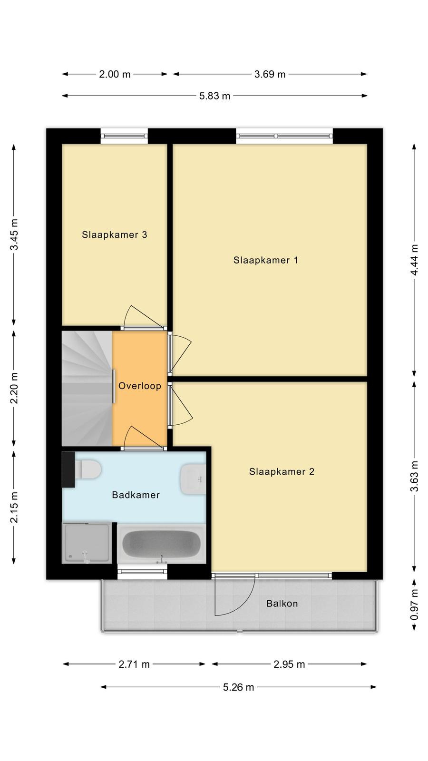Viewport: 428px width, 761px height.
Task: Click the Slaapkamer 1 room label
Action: (266, 260)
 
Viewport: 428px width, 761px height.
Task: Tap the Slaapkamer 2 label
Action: (282, 471)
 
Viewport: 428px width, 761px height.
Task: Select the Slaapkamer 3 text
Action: (115, 235)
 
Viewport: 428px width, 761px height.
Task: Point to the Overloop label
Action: (140, 386)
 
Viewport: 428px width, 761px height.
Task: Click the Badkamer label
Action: (136, 495)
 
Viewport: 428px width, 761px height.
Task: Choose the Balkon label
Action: (282, 604)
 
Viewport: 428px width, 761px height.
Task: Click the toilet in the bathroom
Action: (88, 469)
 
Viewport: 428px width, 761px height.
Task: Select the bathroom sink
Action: (193, 479)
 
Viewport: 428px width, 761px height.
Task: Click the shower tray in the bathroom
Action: (87, 543)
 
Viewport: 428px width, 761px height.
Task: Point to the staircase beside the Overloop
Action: (87, 388)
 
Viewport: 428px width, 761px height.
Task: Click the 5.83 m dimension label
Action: (214, 96)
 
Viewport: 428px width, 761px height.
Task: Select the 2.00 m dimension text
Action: (115, 74)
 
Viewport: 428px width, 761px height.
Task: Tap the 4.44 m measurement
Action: (414, 260)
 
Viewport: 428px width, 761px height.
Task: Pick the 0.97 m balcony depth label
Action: (414, 605)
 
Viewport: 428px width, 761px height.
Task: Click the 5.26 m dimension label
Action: (238, 687)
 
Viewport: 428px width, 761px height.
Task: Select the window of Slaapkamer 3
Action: (124, 136)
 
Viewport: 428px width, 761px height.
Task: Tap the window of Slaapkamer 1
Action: (284, 136)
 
